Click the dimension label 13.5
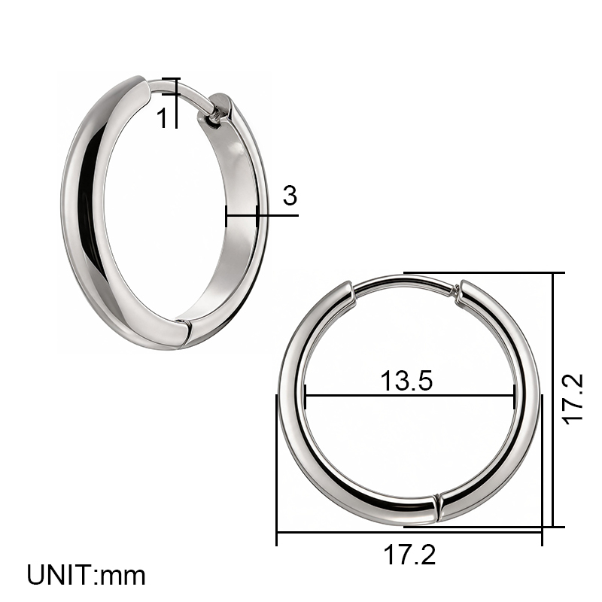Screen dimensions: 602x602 (x=406, y=381)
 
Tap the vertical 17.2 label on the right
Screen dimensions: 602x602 (x=573, y=400)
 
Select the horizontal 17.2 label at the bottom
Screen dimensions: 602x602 (x=409, y=555)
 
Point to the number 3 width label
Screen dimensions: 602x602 (x=290, y=196)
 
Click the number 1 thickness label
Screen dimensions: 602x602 (x=163, y=117)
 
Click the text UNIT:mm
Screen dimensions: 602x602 (x=87, y=575)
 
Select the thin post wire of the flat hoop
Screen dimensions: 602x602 (x=403, y=282)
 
